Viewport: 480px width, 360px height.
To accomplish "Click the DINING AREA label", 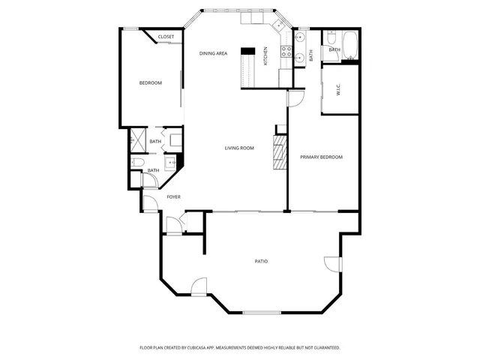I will [x=213, y=53].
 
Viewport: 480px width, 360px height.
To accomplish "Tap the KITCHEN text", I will [x=265, y=55].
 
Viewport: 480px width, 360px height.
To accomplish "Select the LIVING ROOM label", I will [x=239, y=148].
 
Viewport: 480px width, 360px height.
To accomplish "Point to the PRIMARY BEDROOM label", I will [x=321, y=157].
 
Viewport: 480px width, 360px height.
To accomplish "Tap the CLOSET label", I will [x=166, y=37].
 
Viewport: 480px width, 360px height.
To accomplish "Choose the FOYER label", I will [x=173, y=196].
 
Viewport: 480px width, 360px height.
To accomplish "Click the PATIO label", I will [x=261, y=261].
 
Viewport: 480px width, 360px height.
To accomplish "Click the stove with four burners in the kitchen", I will [x=285, y=52].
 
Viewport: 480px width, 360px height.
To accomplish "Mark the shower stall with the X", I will [x=138, y=141].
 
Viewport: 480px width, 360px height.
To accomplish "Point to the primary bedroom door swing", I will [x=294, y=98].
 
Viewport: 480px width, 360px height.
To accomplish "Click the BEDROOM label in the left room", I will [x=150, y=82].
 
